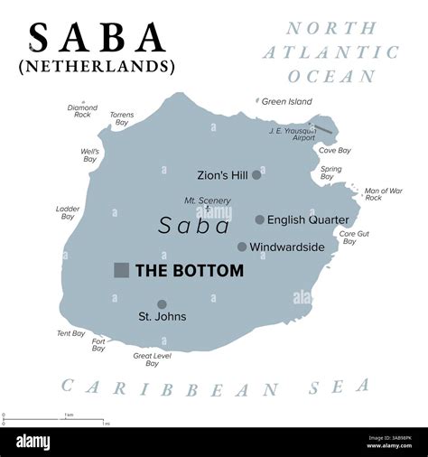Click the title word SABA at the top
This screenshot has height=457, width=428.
98,37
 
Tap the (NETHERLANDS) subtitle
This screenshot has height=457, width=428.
98,67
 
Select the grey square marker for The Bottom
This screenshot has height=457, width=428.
121,270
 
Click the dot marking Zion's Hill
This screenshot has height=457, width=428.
256,174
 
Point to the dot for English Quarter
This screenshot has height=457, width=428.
259,219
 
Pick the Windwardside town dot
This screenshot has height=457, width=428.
242,247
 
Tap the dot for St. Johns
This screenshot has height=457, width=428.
162,304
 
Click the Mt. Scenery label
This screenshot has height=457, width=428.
208,201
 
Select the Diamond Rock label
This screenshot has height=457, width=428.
82,111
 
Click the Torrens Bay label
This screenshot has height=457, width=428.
122,120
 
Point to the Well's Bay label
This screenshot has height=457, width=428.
89,155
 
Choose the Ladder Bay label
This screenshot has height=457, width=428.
68,212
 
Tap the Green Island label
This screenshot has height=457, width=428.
286,101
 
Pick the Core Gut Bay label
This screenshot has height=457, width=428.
354,238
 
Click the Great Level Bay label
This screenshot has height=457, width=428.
152,359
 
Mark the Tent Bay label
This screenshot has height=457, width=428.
70,333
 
